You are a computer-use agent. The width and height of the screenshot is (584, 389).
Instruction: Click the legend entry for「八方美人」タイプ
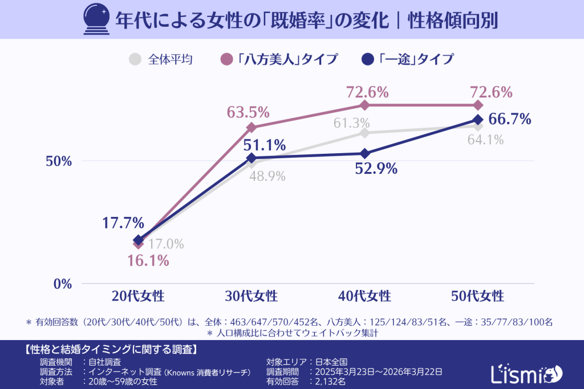coord(279,59)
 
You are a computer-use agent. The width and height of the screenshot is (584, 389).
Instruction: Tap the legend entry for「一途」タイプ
coord(408,59)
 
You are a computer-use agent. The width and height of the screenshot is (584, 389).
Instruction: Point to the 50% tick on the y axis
coord(59,161)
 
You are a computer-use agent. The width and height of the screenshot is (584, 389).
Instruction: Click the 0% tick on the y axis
coord(62,284)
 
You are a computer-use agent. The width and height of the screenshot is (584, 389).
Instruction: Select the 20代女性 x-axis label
coord(138,296)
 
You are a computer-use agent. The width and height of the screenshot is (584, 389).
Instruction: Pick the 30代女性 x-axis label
coord(251,296)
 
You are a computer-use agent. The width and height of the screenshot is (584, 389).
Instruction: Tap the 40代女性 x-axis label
coord(364,296)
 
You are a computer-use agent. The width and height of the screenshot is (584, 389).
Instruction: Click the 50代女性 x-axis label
coord(477,296)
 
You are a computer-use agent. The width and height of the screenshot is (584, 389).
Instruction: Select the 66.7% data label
coord(510,119)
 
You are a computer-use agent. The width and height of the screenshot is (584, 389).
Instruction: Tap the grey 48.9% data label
coord(267,177)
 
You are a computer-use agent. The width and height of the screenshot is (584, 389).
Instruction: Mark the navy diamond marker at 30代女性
coord(251,158)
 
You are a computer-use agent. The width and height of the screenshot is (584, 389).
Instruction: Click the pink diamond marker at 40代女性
coord(364,105)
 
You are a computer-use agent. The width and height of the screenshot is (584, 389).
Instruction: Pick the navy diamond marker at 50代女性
coord(477,119)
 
